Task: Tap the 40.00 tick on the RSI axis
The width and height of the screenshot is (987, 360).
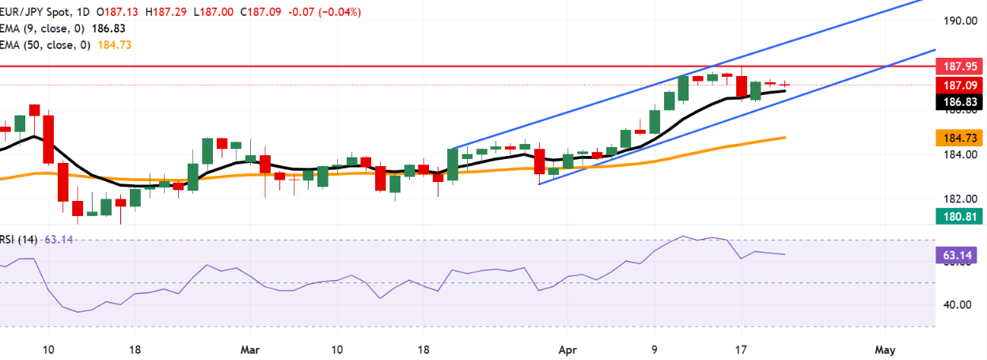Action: tap(957, 305)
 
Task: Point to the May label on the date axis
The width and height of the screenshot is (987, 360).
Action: tap(884, 348)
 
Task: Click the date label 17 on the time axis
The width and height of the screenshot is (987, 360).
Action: tap(741, 348)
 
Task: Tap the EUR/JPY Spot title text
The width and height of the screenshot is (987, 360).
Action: tap(36, 12)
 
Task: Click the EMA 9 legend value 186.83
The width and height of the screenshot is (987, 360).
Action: tap(109, 28)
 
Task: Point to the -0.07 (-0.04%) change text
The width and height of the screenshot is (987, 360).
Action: tap(328, 12)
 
